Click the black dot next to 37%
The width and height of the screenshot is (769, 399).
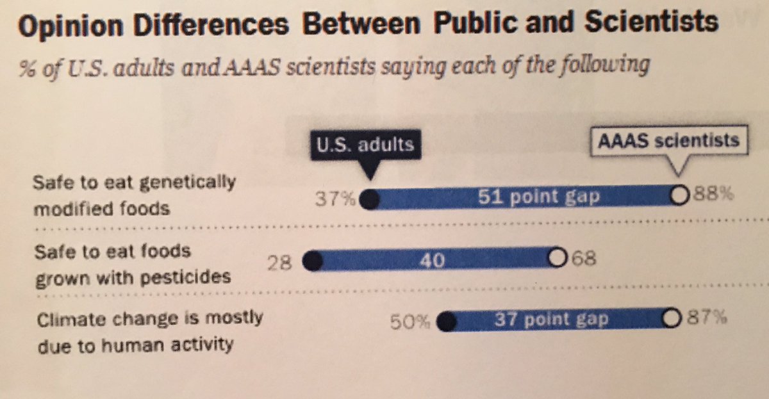(369, 200)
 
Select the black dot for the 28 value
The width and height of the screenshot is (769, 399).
(311, 261)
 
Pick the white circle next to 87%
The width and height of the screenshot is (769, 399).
(671, 318)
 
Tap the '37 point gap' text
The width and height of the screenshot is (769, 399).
(550, 319)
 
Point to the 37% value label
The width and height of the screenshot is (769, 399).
(335, 200)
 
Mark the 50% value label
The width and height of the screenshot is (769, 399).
(411, 322)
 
